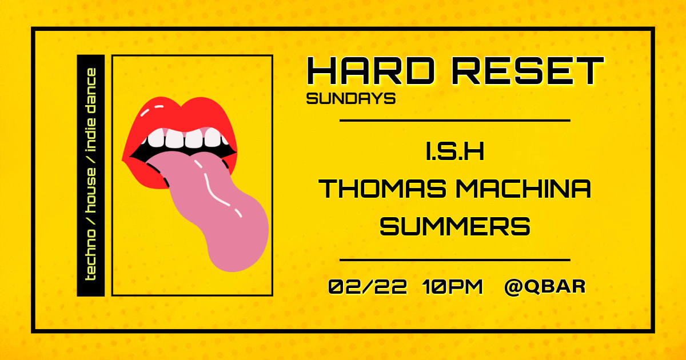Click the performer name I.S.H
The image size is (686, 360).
coord(456,154)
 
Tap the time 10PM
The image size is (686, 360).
coord(453,286)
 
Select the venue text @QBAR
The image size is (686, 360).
coord(545,286)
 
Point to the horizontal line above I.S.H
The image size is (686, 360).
coord(455,121)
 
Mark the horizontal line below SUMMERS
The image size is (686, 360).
coord(455,260)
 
